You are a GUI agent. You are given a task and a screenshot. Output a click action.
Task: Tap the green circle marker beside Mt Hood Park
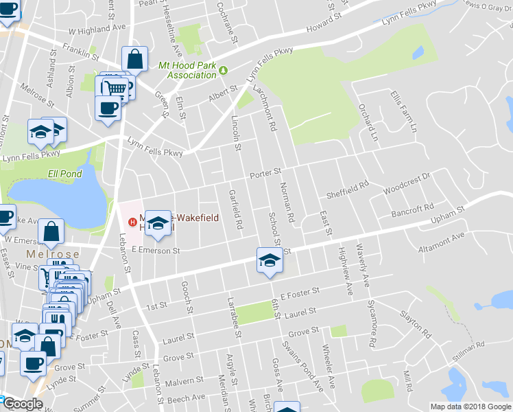(224, 68)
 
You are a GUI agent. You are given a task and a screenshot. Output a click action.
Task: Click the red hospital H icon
(132, 221)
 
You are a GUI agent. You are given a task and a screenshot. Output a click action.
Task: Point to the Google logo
(22, 404)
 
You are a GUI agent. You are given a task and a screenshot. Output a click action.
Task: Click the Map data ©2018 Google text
(470, 407)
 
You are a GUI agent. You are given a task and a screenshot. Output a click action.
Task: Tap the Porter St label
(265, 172)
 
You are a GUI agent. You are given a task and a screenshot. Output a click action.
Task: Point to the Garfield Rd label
(235, 209)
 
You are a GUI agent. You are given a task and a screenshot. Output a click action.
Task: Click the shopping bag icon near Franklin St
(134, 59)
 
